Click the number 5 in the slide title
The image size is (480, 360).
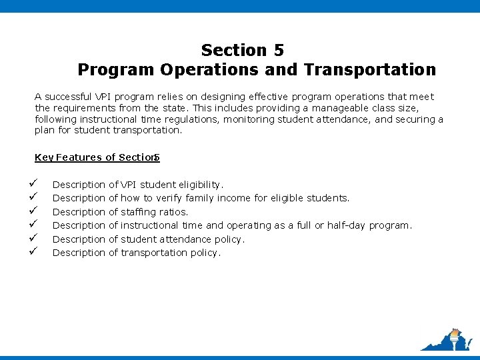pos(278,50)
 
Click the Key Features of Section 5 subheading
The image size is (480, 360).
pos(97,158)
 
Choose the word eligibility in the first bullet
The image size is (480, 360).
pos(199,185)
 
